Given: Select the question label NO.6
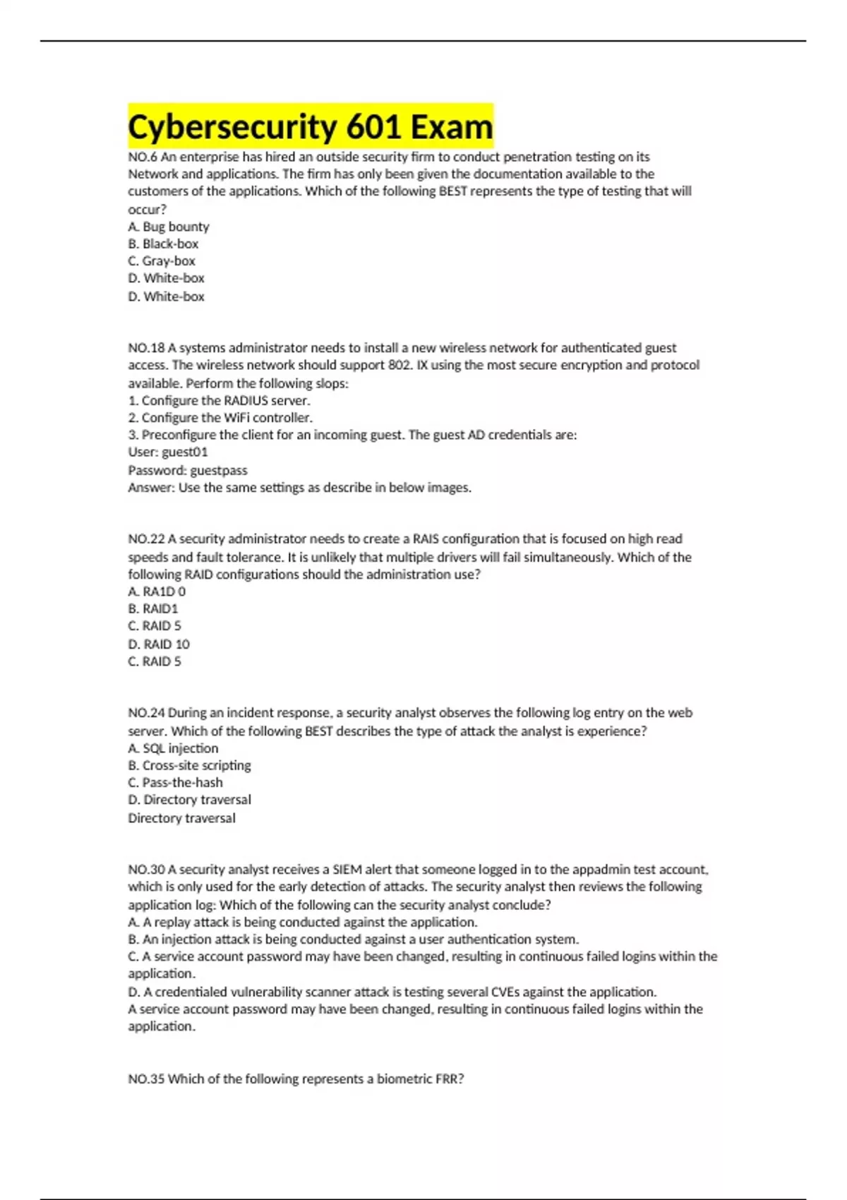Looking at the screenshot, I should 143,157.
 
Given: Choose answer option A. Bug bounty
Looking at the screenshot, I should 169,227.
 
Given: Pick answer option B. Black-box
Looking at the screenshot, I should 163,244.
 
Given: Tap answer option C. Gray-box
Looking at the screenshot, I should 162,260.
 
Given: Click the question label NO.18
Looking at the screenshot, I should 146,348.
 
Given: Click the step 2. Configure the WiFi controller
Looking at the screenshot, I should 220,417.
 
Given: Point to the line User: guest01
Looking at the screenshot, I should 168,452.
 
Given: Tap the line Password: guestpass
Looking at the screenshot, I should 188,470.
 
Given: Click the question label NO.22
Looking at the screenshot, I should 146,539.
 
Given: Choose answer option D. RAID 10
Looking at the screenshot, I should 159,644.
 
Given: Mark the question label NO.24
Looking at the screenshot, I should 146,713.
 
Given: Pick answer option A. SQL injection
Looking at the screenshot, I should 173,748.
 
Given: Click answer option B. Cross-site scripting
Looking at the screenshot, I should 189,765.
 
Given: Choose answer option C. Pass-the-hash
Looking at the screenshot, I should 175,782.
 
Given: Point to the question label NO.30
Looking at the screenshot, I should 146,870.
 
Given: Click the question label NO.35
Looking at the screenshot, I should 146,1079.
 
